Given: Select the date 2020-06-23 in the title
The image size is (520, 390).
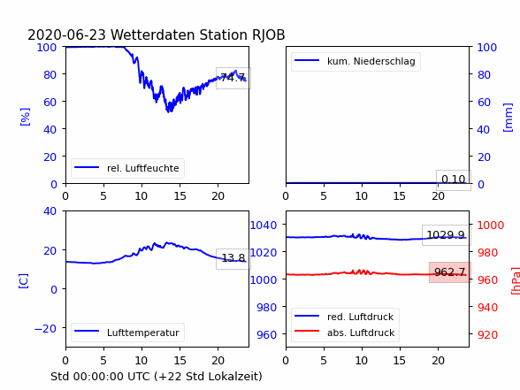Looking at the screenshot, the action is point(66,34).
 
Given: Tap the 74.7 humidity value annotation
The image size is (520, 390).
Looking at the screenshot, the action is point(233,78).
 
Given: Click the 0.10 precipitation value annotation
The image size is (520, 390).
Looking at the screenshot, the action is point(454,180).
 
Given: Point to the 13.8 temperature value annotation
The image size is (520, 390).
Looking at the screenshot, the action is point(233,257).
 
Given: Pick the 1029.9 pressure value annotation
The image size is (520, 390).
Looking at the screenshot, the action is point(446,235).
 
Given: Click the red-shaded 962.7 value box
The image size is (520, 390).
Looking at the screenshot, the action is point(449,272).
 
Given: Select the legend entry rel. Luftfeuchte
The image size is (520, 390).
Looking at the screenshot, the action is point(127,168).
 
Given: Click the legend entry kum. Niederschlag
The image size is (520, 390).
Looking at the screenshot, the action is point(356,61).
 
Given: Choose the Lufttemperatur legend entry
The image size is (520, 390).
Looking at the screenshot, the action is point(127,333).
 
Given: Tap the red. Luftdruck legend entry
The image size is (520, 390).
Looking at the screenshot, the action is point(345,317).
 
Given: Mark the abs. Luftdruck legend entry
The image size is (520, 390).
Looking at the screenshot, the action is point(345,333).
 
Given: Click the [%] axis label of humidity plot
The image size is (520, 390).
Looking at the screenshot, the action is point(25,117).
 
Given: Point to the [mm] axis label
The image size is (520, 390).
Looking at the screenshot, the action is point(508,118).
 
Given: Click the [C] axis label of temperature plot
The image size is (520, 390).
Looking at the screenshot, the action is point(24,281).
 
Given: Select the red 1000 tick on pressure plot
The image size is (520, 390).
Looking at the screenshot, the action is point(491,226).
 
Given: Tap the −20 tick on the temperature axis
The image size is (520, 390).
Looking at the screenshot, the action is point(45,328).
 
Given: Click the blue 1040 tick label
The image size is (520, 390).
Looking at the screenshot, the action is point(264,226).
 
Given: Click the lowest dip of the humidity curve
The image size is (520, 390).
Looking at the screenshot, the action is point(169,111).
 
